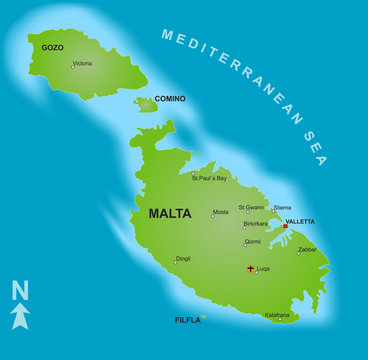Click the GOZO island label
point(52,47)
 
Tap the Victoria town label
point(83,63)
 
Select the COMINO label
point(169,99)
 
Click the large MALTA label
point(169,213)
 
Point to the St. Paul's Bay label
point(210,177)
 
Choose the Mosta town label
point(220,212)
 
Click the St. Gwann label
point(251,207)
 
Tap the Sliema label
point(282,208)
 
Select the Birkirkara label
point(255,224)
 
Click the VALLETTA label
point(300,221)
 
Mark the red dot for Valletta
point(285,226)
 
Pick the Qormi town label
point(252,241)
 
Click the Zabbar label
point(307,249)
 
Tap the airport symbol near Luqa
point(250,268)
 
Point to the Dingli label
point(183,258)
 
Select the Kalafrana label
point(277,315)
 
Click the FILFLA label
point(186,320)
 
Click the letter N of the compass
point(19,291)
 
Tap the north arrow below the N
point(20,316)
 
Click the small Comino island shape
point(147,105)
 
